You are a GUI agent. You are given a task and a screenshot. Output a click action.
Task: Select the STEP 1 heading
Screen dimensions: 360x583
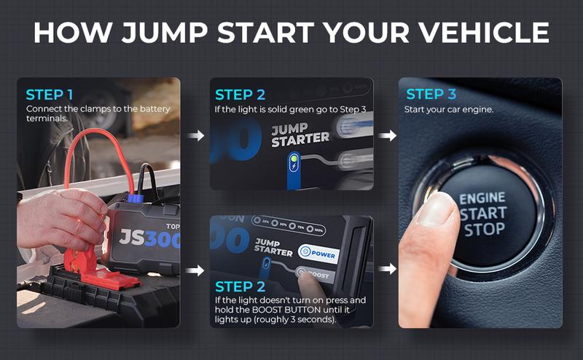(x=50, y=95)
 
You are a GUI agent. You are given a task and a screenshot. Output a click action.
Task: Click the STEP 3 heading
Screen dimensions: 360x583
(x=431, y=94)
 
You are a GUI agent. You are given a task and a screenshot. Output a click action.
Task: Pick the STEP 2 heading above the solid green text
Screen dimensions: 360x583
(x=240, y=95)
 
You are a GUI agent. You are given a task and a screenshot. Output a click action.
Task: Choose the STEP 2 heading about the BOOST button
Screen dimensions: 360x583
(x=240, y=286)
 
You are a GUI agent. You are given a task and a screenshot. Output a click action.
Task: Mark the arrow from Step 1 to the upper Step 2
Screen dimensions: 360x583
(x=195, y=135)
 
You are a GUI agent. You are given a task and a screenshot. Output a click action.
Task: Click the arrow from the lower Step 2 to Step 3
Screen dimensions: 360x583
(x=386, y=270)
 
